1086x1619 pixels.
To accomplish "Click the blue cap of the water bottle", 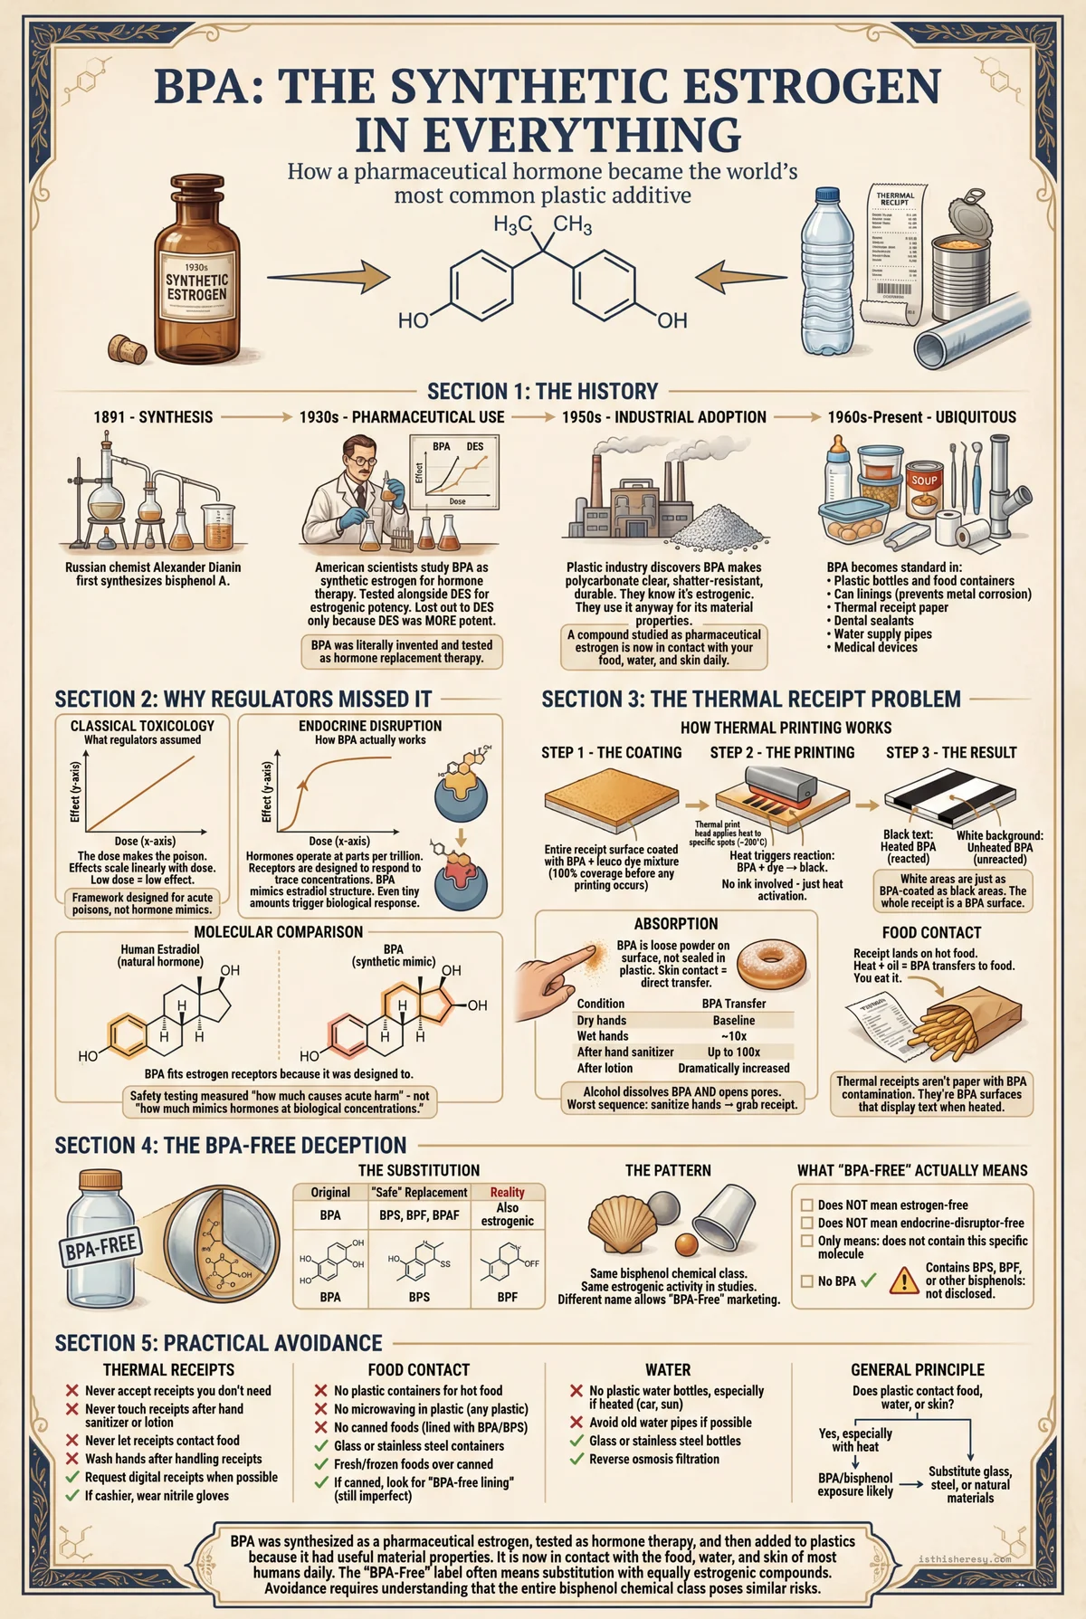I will (x=829, y=196).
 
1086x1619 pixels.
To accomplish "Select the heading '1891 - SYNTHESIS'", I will (x=153, y=417).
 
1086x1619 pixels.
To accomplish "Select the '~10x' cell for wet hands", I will (x=733, y=1036).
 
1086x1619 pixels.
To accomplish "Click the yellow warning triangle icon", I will (x=904, y=1281).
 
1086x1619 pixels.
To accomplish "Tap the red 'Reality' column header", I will (x=507, y=1193).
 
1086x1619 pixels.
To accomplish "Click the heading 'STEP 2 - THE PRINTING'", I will (x=782, y=753).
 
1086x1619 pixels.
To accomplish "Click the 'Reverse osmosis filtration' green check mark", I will (x=576, y=1459).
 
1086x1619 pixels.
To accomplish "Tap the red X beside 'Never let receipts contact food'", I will (x=71, y=1441).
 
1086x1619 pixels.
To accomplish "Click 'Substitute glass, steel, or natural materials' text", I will (x=969, y=1484).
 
